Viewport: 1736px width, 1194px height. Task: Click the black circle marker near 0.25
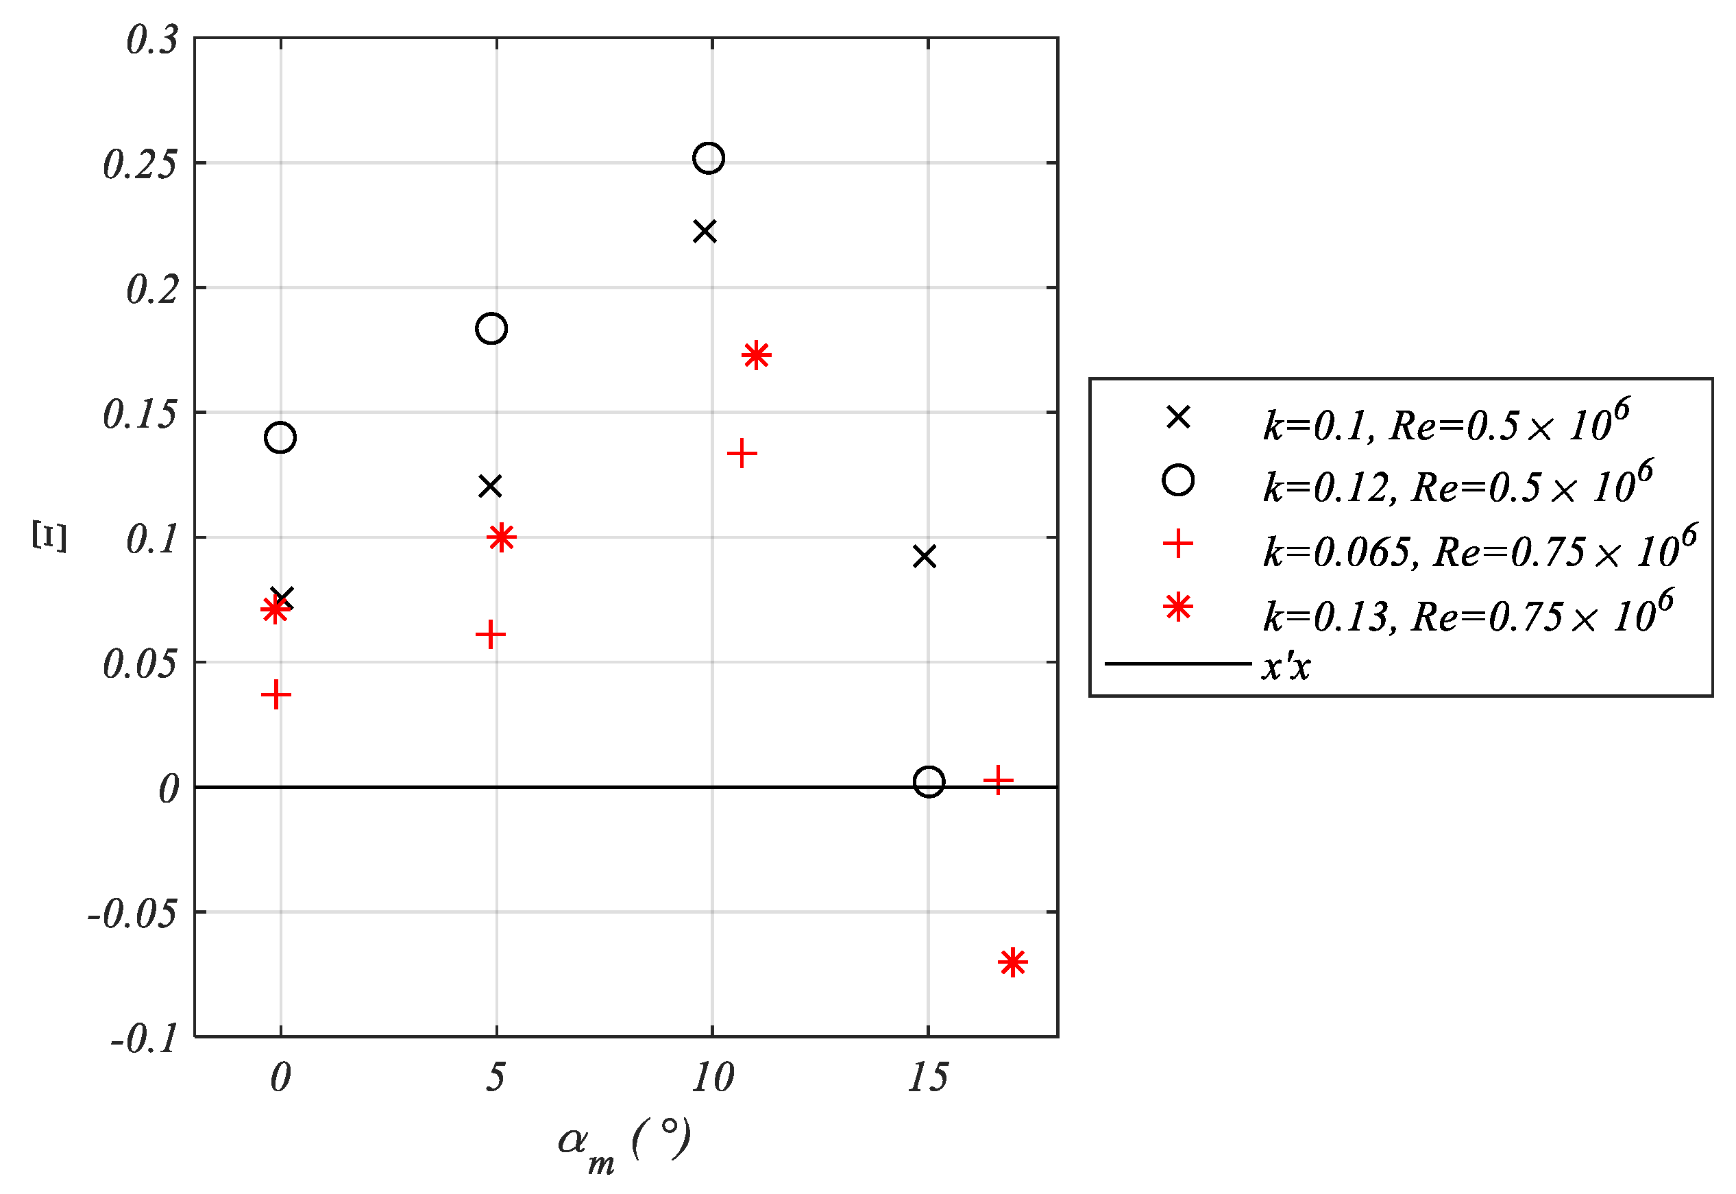[x=707, y=158]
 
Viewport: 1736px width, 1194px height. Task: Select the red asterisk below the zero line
[x=1012, y=962]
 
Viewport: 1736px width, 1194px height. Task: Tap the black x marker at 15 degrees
[x=925, y=557]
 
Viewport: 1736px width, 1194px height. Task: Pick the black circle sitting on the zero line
[x=928, y=782]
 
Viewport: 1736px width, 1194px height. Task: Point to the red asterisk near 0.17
[x=756, y=354]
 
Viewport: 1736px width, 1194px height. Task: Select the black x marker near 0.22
[x=705, y=232]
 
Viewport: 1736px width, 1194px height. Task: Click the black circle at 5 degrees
[x=491, y=328]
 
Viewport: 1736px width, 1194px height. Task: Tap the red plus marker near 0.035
[x=276, y=695]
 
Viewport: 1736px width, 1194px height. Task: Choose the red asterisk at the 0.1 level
[x=501, y=537]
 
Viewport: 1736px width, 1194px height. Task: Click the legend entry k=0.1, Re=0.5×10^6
[x=1443, y=423]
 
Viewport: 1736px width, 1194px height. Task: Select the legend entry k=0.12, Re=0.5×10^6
[x=1455, y=485]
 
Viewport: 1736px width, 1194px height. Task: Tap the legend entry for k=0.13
[x=1466, y=613]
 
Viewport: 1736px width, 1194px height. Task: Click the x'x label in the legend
[x=1286, y=666]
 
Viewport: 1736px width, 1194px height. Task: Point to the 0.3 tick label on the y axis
[x=152, y=40]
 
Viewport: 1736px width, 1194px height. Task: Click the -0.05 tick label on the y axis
[x=132, y=914]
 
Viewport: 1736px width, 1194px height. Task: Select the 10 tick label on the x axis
[x=712, y=1078]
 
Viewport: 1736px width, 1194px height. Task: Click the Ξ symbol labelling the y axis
[x=49, y=537]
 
